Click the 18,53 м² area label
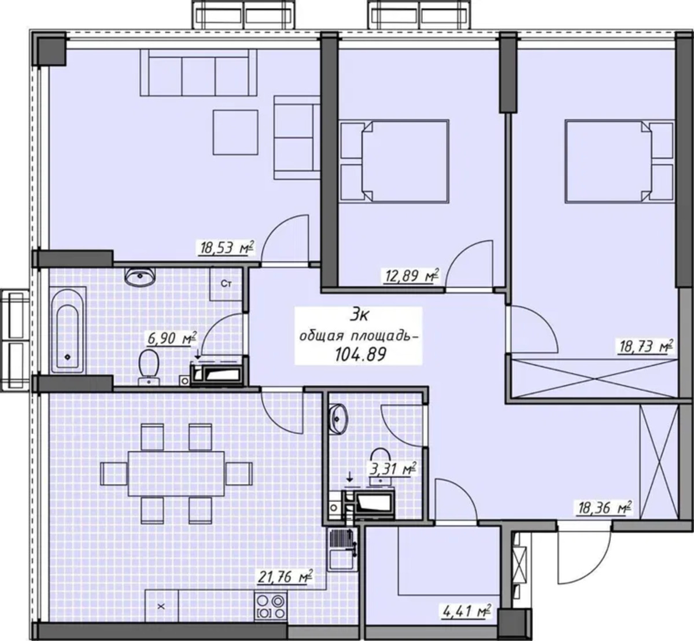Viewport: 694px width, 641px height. [x=226, y=248]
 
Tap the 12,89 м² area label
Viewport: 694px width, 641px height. [x=411, y=277]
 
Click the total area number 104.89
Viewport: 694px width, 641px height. [x=361, y=355]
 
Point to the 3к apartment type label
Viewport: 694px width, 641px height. [x=359, y=315]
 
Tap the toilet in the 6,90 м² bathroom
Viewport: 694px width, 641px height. [x=149, y=367]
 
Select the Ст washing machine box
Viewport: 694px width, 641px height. [x=226, y=284]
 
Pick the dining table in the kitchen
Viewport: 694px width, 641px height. [x=176, y=474]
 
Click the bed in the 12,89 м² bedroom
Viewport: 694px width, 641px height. [x=394, y=161]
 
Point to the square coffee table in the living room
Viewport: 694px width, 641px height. [x=235, y=132]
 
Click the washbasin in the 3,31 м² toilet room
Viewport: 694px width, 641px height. [x=338, y=419]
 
